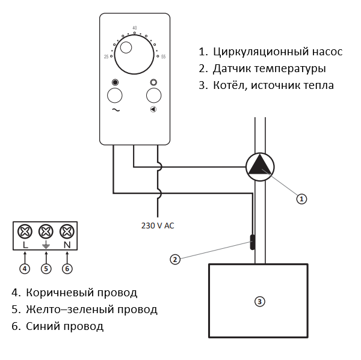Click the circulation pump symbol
pos(260,166)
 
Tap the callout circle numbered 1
pos(302,198)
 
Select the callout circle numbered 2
pos(175,259)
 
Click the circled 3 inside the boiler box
pos(259,301)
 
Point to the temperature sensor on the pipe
pos(251,242)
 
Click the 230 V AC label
pos(158,226)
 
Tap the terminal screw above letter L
pos(25,231)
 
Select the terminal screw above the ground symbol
pos(46,231)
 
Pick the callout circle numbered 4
pos(25,268)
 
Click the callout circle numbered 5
pos(46,268)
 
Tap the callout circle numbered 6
pos(67,268)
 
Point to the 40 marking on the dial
pos(134,28)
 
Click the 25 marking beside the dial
pos(106,56)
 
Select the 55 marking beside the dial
pos(163,56)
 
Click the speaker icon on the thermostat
pos(153,109)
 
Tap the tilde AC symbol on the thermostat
pos(115,110)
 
